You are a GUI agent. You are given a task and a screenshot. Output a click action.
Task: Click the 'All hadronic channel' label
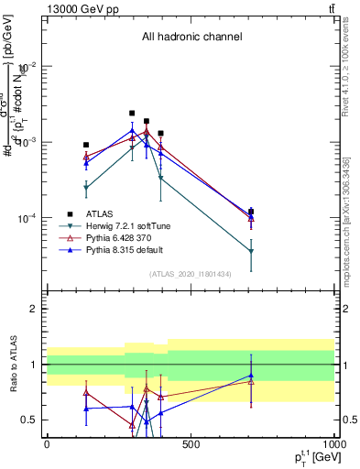coord(191,37)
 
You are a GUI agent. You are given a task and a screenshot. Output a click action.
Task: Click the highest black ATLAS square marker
coord(132,114)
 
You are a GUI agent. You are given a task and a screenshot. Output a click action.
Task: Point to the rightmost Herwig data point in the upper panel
coord(251,251)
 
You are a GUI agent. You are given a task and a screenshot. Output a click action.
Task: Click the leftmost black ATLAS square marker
coord(86,145)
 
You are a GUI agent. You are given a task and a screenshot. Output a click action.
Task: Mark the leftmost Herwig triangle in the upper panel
coord(86,188)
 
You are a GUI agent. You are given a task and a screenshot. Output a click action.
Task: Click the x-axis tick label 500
coord(190,445)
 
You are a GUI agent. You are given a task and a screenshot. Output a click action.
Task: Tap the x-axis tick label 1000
coord(333,445)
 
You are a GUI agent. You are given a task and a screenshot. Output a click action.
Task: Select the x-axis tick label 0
coord(47,445)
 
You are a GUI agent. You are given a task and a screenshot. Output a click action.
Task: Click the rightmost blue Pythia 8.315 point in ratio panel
coord(251,375)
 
